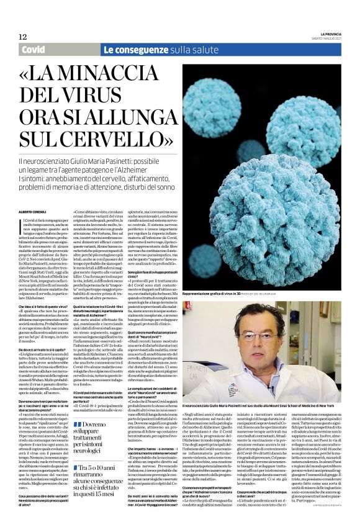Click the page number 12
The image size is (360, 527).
coord(23,37)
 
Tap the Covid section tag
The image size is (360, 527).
coord(33,49)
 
